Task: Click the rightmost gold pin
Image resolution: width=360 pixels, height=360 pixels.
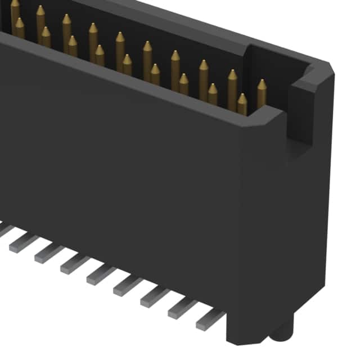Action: (262, 93)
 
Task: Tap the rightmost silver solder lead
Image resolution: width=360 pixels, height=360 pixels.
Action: (209, 321)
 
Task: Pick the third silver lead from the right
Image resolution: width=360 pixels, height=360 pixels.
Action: (154, 296)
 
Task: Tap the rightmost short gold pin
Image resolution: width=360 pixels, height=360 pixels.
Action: (242, 104)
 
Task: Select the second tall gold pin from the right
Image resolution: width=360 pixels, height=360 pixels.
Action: (232, 84)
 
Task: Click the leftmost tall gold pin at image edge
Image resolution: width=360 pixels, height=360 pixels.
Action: (15, 10)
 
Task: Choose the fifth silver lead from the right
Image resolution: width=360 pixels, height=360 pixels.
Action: (101, 274)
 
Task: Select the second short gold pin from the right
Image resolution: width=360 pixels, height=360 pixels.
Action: (213, 94)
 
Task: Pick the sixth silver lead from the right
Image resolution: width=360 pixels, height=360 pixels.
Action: (75, 263)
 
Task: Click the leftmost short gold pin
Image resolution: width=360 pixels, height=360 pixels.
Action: (20, 28)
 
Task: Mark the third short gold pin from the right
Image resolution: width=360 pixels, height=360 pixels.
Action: (183, 84)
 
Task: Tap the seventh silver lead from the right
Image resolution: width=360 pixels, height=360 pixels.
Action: (49, 253)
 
